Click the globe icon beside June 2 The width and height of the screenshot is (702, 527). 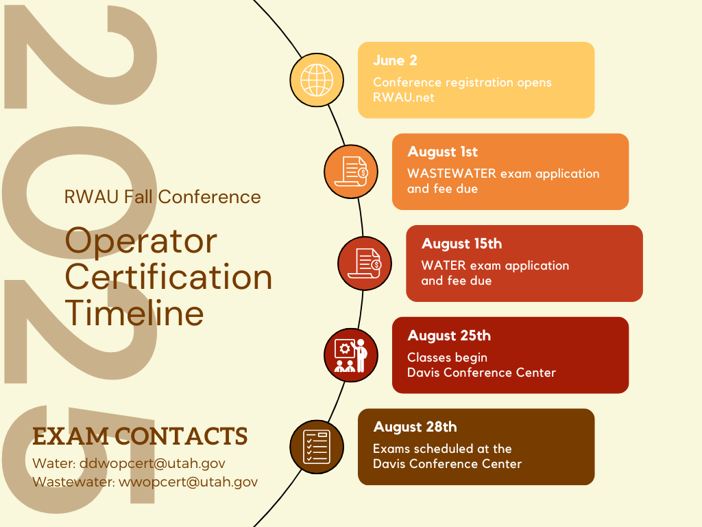point(317,80)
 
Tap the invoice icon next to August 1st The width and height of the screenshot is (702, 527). point(351,172)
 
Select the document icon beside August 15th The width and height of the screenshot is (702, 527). point(365,263)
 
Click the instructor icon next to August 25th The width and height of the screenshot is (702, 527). point(351,355)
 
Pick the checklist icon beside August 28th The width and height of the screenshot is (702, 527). point(317,447)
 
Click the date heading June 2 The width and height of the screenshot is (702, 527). point(396,60)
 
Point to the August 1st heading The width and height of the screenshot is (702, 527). point(442,152)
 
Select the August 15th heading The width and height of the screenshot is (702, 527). point(461,244)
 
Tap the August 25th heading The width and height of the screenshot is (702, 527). point(449,336)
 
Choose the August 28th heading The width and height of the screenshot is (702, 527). point(415,427)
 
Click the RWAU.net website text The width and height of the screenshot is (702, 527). point(403,97)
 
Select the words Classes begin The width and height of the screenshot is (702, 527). point(447,358)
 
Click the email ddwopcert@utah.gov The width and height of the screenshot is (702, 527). point(152,463)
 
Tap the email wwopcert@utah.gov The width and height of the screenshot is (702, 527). point(188,482)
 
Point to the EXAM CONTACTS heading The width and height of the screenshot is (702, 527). point(140,436)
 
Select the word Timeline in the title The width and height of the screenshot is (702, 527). point(134,312)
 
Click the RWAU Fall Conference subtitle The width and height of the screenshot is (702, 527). point(162,197)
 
